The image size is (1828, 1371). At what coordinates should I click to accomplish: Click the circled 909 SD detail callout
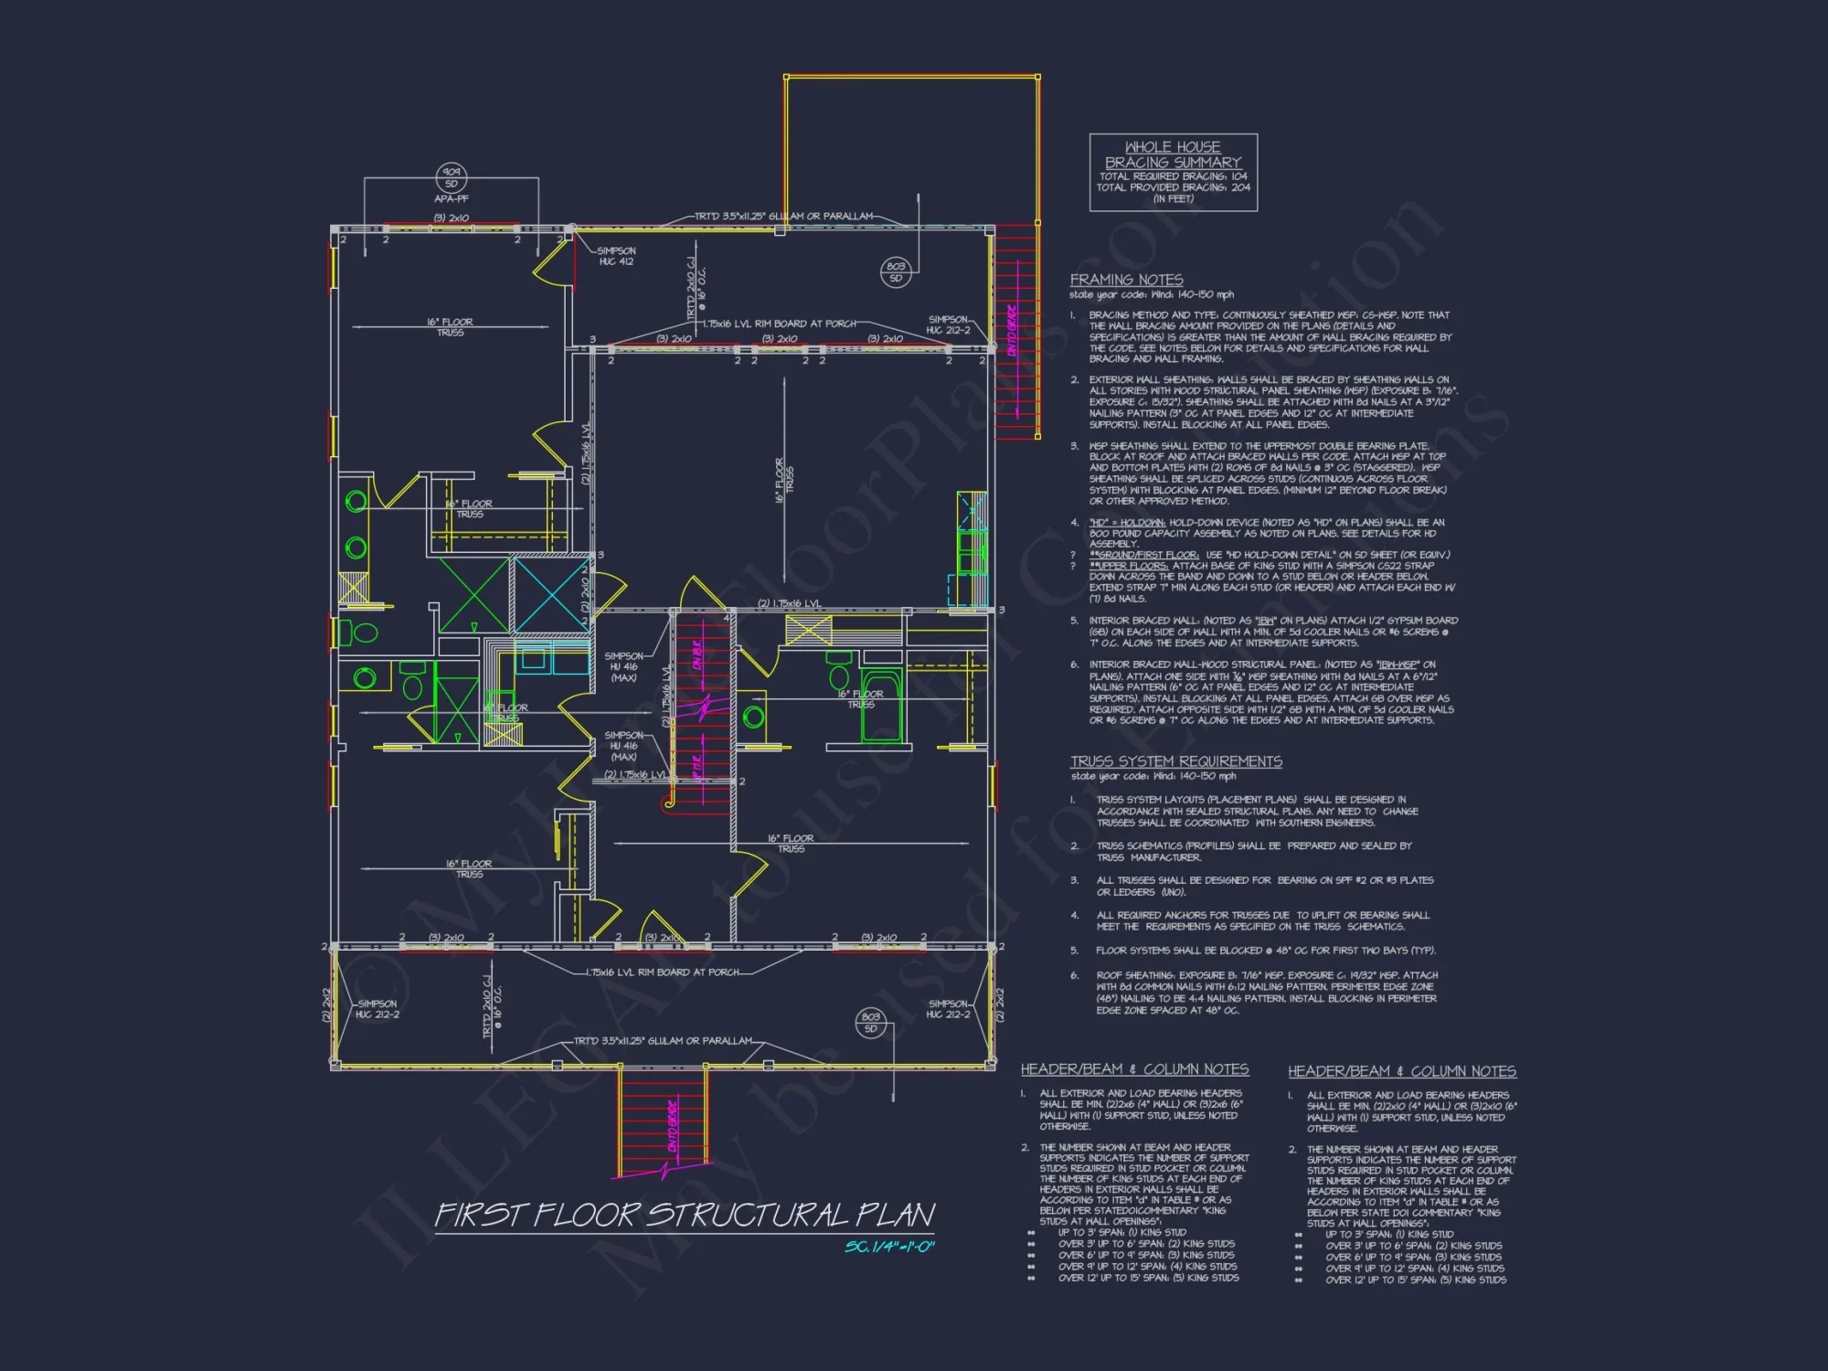pos(452,177)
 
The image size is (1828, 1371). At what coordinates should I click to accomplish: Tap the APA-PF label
pos(452,199)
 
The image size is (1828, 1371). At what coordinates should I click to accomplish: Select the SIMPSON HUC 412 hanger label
pos(616,256)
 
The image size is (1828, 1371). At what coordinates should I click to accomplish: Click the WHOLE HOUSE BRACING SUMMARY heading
pos(1173,154)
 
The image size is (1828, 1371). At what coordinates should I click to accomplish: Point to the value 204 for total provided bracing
pos(1240,187)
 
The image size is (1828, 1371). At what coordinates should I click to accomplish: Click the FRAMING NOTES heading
pos(1126,280)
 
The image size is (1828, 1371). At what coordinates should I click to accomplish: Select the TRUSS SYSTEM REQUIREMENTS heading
pos(1176,761)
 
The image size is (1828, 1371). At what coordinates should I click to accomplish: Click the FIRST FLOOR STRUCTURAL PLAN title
pos(684,1216)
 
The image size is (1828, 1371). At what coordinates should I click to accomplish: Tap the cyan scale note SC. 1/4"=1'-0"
pos(889,1247)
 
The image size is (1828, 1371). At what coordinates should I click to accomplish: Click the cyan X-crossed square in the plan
pos(552,594)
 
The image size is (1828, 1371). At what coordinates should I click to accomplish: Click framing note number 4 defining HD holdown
pos(1261,533)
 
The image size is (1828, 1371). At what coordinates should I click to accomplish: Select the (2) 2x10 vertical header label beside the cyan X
pos(585,594)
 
